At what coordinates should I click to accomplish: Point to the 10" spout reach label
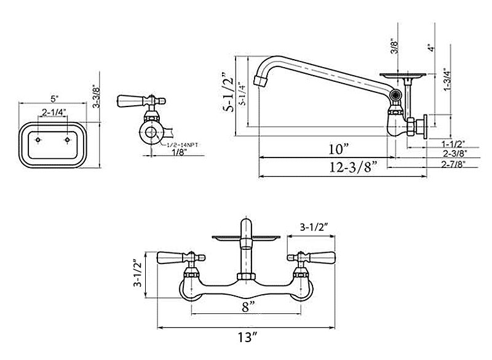coord(338,149)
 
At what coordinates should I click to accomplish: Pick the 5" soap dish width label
coord(54,98)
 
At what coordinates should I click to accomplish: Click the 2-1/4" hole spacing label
coord(54,112)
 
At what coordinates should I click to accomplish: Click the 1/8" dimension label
coord(179,153)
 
